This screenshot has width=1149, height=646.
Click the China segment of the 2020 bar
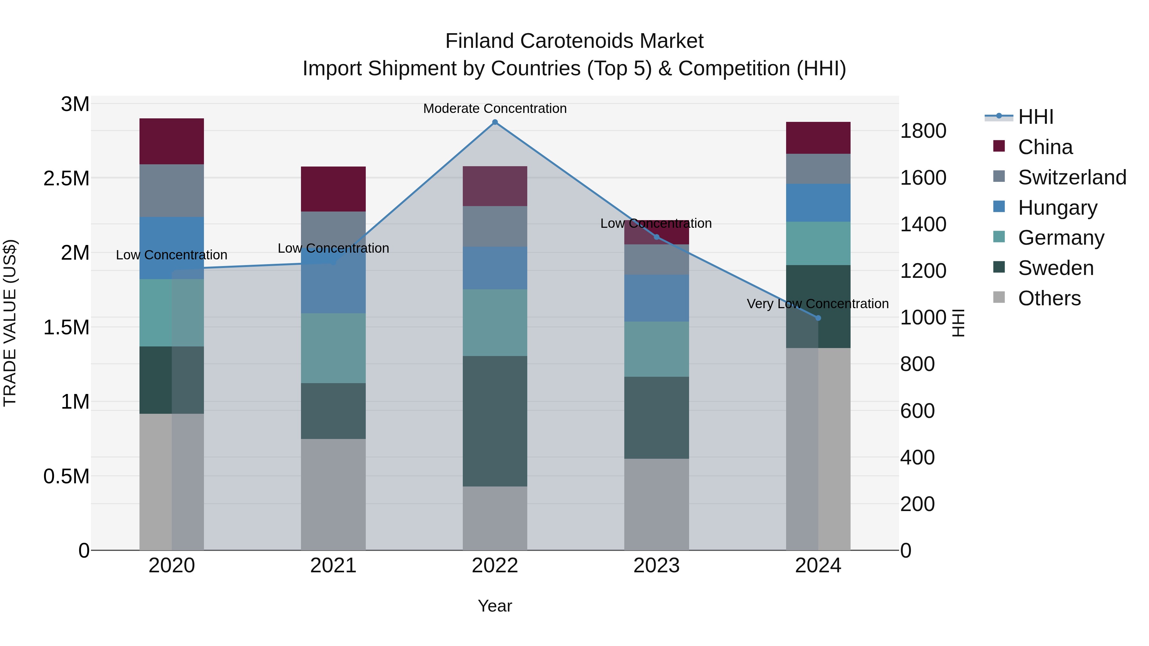172,141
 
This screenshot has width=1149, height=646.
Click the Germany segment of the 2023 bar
656,349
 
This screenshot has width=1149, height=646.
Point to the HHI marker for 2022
495,122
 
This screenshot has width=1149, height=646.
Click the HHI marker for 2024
818,318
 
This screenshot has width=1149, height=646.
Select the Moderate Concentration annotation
495,108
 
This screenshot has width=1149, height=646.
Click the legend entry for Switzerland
1072,177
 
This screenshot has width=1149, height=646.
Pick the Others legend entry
1049,298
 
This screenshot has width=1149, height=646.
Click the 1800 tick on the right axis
923,131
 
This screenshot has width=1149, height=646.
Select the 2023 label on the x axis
656,566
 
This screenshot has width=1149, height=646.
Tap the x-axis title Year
495,606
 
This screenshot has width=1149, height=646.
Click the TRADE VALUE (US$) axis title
10,323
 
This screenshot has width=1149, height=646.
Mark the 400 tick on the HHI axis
917,457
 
